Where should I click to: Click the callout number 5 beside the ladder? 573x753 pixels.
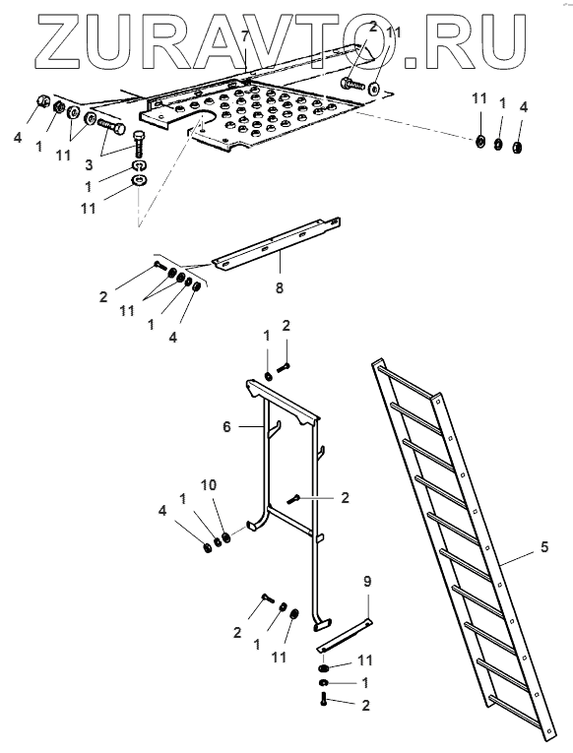543,547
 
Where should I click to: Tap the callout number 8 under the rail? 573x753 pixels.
280,287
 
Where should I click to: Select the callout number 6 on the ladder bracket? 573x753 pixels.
227,426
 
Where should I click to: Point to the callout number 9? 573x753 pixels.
367,582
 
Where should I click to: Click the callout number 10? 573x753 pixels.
209,485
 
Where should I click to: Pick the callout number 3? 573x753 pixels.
89,165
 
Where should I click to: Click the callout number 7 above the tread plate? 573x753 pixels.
245,36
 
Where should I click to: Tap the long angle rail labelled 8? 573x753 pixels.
277,242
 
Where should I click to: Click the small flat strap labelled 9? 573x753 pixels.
344,635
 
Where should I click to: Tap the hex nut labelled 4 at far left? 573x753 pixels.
42,101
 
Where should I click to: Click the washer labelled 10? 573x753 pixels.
226,536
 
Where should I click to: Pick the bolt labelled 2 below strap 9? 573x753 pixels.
324,699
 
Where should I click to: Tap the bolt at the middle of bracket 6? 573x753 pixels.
293,500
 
